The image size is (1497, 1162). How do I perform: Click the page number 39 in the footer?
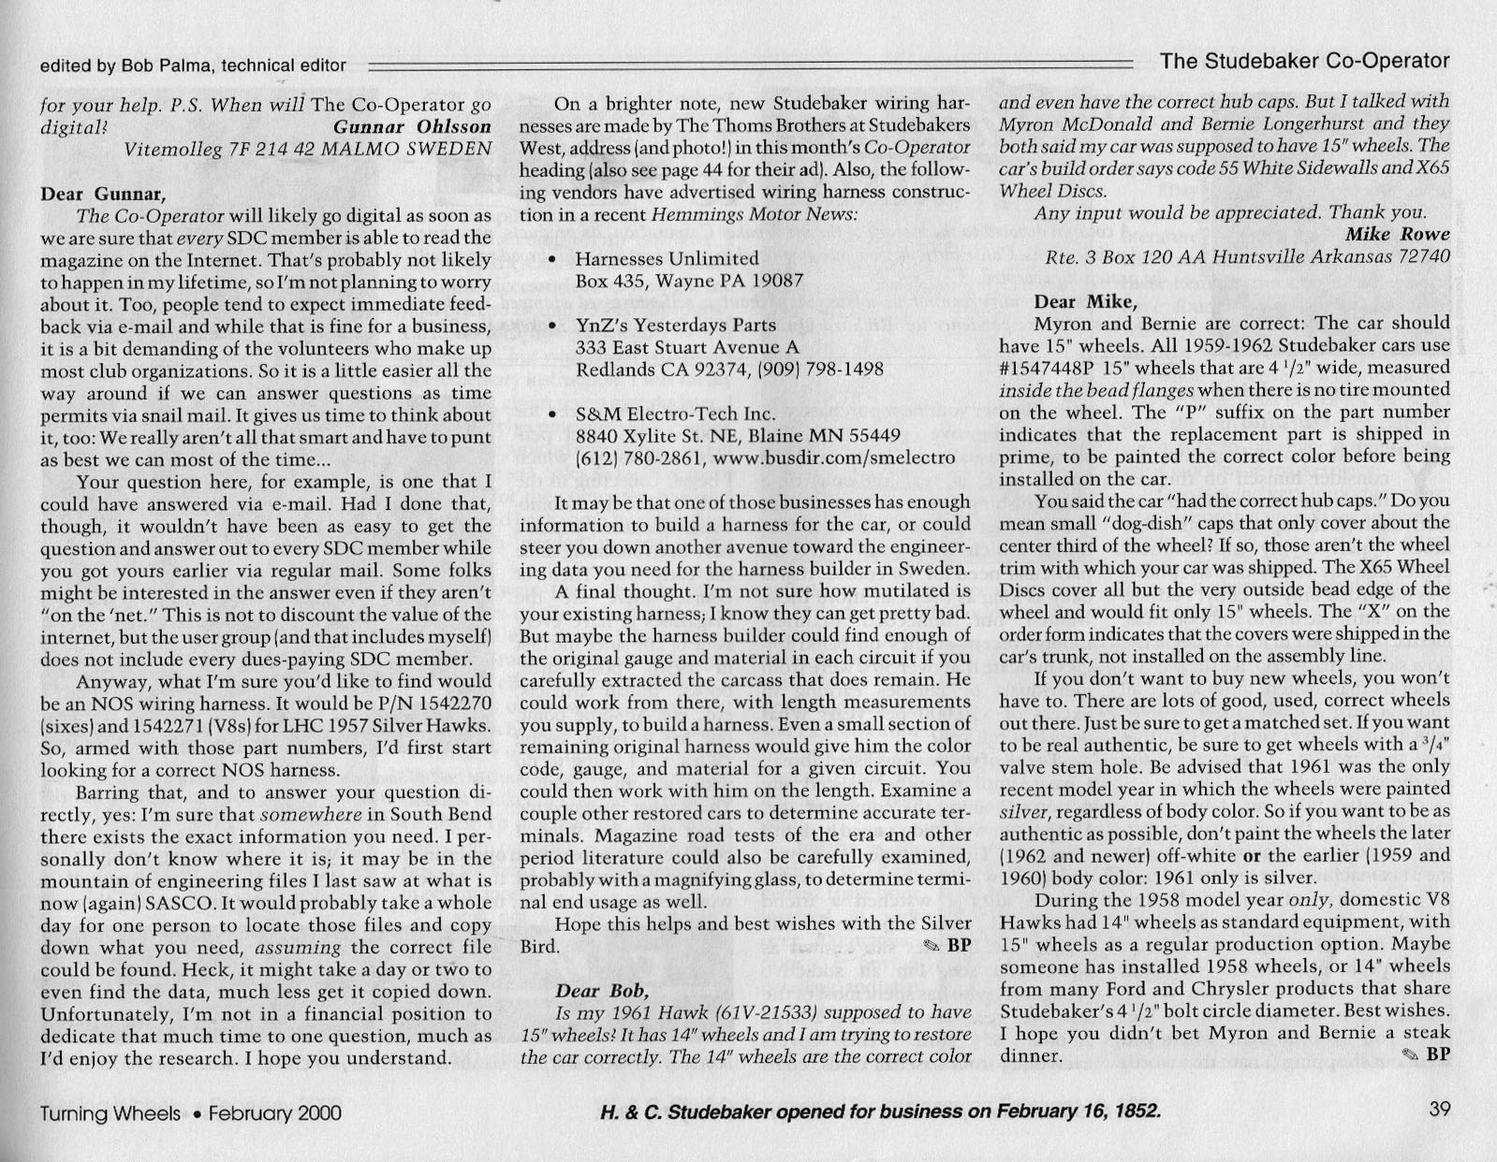pyautogui.click(x=1439, y=1111)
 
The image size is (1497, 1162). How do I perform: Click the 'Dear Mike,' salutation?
pyautogui.click(x=1086, y=301)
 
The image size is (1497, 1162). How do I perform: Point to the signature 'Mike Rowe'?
pyautogui.click(x=1398, y=234)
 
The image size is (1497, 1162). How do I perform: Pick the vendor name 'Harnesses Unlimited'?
pyautogui.click(x=667, y=258)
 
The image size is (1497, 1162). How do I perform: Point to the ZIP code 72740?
pyautogui.click(x=1419, y=256)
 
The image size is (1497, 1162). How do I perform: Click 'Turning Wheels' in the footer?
pyautogui.click(x=110, y=1113)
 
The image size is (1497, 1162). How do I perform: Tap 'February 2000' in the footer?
pyautogui.click(x=274, y=1113)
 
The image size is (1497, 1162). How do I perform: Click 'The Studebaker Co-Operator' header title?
pyautogui.click(x=1304, y=62)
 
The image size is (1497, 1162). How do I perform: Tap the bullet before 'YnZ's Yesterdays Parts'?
pyautogui.click(x=556, y=326)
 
